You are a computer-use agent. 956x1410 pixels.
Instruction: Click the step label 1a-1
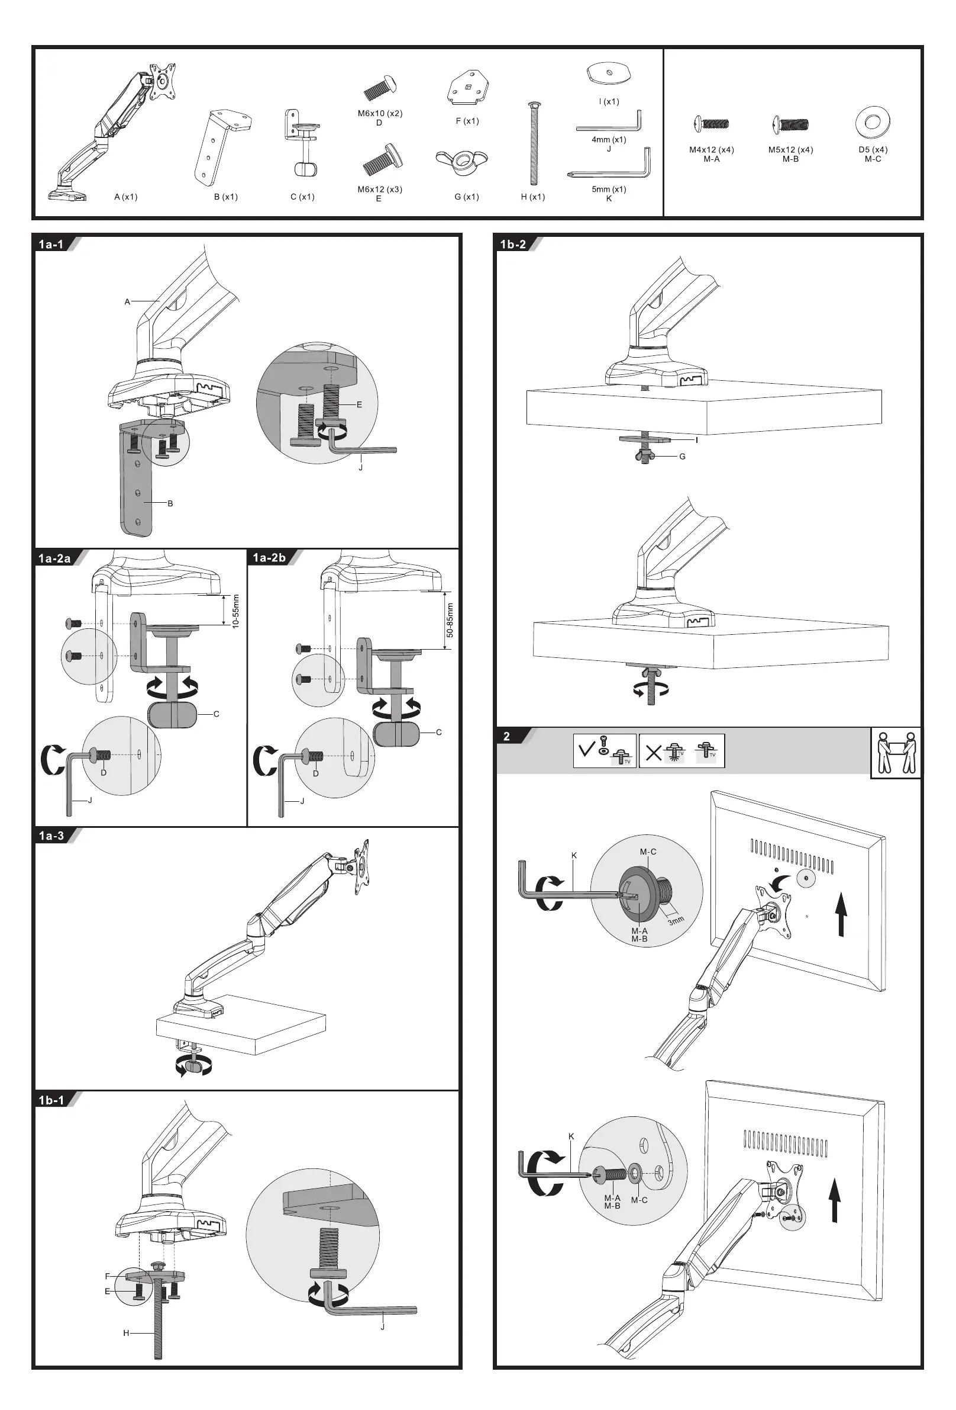pyautogui.click(x=51, y=245)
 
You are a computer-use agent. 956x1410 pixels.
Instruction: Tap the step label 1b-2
pyautogui.click(x=513, y=245)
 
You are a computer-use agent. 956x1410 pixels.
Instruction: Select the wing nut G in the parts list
pyautogui.click(x=461, y=160)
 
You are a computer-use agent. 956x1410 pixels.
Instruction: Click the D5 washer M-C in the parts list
pyautogui.click(x=873, y=123)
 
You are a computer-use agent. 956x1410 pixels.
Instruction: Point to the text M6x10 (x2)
pyautogui.click(x=380, y=114)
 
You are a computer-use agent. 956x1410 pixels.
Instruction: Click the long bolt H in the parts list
pyautogui.click(x=534, y=143)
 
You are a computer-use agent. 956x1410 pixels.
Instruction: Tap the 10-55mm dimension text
pyautogui.click(x=236, y=611)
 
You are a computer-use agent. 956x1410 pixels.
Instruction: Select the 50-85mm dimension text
pyautogui.click(x=450, y=620)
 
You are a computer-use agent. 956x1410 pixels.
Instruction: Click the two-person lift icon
pyautogui.click(x=896, y=752)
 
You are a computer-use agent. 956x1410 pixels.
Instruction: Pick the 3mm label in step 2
pyautogui.click(x=676, y=920)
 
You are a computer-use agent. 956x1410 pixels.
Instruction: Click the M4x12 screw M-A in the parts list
pyautogui.click(x=711, y=124)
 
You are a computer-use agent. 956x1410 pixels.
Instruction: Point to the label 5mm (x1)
pyautogui.click(x=609, y=190)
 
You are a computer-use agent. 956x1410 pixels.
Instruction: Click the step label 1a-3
pyautogui.click(x=51, y=836)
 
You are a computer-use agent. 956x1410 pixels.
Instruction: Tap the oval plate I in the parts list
pyautogui.click(x=609, y=74)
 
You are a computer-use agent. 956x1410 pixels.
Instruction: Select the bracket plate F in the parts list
pyautogui.click(x=467, y=88)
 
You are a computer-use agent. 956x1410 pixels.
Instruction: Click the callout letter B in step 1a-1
pyautogui.click(x=170, y=503)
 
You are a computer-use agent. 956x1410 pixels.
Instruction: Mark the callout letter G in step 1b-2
pyautogui.click(x=683, y=456)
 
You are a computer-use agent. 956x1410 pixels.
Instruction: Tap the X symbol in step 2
pyautogui.click(x=654, y=753)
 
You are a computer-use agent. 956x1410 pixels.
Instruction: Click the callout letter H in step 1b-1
pyautogui.click(x=126, y=1333)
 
